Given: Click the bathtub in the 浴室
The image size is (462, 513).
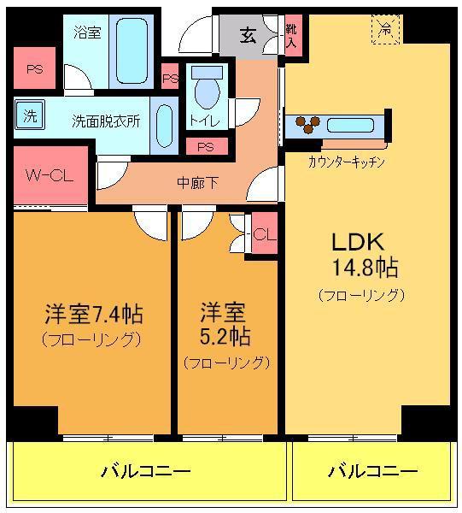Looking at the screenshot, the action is tap(132, 51).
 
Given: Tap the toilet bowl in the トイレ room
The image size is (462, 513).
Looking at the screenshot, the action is tap(207, 92).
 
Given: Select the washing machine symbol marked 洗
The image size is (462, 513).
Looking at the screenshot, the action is tap(29, 115).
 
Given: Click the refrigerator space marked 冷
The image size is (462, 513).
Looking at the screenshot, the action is tap(385, 29).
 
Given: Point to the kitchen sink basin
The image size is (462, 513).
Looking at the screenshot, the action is tap(350, 126).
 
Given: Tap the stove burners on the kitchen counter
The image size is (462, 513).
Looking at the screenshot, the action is tap(307, 124).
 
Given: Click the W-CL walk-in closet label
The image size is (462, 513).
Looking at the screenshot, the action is tap(50, 176).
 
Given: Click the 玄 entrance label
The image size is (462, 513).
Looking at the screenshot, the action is tap(248, 35).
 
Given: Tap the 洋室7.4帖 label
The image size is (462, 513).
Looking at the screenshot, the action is tap(93, 314).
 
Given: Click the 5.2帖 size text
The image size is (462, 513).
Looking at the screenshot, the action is tap(225, 336).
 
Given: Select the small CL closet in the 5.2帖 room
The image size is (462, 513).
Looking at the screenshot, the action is tap(265, 233).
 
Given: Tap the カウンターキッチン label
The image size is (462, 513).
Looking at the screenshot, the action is tap(347, 162).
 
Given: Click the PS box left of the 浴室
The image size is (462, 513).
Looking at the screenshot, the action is tap(35, 68).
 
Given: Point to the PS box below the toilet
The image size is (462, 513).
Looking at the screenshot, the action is tap(207, 146).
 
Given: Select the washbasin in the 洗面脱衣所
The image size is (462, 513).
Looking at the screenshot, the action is tap(164, 126).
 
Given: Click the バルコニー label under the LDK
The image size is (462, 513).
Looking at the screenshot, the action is tap(373, 471).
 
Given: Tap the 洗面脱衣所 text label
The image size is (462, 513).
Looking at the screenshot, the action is tap(106, 121).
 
